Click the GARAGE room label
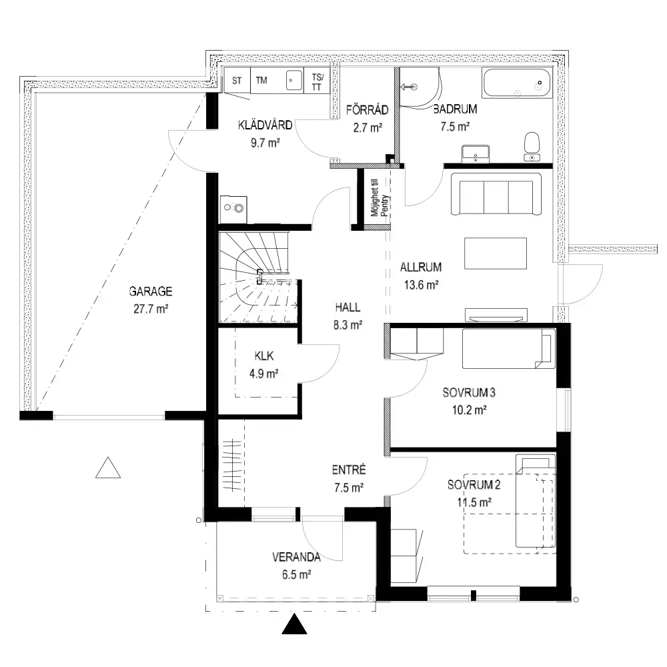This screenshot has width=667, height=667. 151,291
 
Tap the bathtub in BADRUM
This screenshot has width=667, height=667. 516,83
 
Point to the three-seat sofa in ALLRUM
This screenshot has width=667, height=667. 496,193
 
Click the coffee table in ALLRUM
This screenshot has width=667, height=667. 496,253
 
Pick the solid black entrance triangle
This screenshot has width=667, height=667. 294,624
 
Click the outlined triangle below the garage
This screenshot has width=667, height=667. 108,468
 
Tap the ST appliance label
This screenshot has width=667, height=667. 237,81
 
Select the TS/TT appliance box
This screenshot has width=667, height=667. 317,81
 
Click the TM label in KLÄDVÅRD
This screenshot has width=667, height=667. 261,80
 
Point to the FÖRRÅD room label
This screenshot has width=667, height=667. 367,110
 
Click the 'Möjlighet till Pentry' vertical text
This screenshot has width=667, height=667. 380,198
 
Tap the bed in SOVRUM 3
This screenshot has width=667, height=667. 509,348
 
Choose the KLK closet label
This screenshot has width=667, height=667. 263,356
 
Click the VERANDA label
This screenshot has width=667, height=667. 296,557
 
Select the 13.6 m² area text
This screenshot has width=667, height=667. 421,285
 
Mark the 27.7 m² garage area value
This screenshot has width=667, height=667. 151,309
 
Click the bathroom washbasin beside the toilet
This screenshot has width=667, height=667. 476,154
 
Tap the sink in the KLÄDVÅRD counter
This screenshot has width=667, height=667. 294,80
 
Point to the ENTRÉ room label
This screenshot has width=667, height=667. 349,470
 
